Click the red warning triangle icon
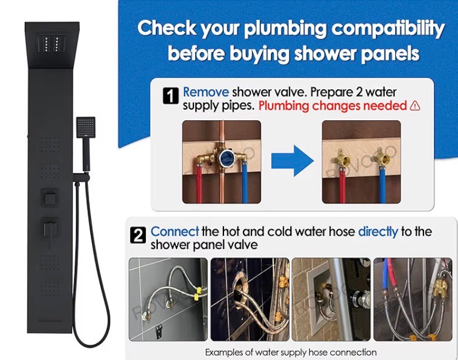pyautogui.click(x=415, y=106)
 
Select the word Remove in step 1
pyautogui.click(x=206, y=93)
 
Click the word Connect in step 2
pyautogui.click(x=175, y=232)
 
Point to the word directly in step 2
pyautogui.click(x=377, y=232)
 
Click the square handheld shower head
pyautogui.click(x=86, y=125)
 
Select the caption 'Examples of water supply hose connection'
pyautogui.click(x=291, y=352)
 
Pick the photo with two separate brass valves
pyautogui.click(x=361, y=162)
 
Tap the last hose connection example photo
pyautogui.click(x=412, y=300)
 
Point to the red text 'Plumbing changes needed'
pyautogui.click(x=333, y=106)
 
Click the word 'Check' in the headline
pyautogui.click(x=166, y=28)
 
